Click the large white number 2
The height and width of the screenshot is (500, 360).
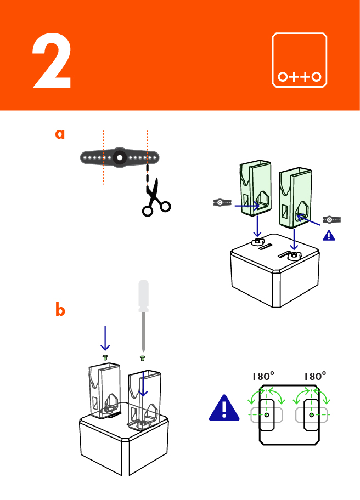click(52, 63)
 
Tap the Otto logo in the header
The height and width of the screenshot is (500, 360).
click(300, 60)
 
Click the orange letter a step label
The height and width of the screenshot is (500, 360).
click(60, 134)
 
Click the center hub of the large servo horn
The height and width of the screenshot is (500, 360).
click(119, 158)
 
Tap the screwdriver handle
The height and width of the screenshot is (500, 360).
click(143, 296)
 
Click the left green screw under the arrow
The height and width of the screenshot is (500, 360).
click(105, 357)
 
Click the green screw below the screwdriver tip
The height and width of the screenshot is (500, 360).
click(143, 358)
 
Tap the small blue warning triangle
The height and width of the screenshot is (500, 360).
click(328, 235)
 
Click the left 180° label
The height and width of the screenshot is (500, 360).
click(262, 377)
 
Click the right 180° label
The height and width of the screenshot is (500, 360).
click(314, 377)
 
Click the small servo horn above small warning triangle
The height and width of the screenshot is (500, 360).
click(331, 219)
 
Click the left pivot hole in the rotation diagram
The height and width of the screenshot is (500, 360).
click(267, 416)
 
